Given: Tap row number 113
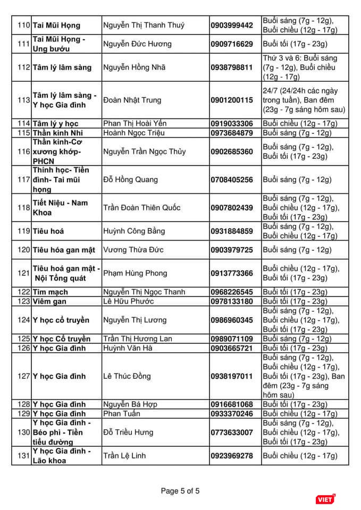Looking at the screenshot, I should coord(23,100).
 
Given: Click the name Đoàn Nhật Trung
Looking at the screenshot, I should coord(132,100).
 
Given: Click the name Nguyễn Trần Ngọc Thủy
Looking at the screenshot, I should coord(144,152).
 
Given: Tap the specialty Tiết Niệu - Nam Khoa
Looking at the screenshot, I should coord(61,208).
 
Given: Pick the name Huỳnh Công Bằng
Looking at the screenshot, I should coord(133,231).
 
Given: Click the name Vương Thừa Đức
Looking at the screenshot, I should coord(133,250).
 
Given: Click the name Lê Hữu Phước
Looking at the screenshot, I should coord(128,302).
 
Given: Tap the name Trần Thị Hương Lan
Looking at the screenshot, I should coord(138,339).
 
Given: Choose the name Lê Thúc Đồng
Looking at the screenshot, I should coord(127,376).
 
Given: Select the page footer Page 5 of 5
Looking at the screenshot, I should coord(180,491).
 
